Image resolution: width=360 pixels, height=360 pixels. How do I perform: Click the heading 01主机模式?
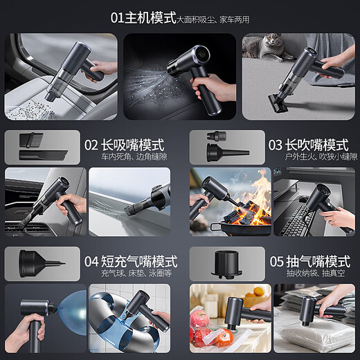143,17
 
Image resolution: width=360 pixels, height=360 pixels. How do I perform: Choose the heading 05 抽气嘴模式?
308,262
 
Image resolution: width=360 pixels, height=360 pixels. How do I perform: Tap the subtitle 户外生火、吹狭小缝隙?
307,159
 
